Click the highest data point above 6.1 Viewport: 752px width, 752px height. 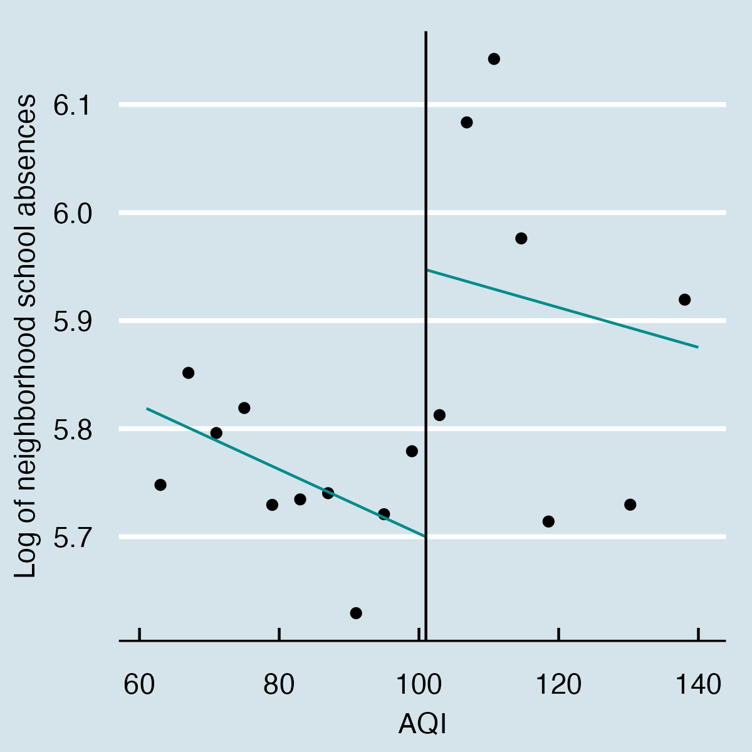point(494,59)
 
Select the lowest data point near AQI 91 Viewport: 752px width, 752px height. point(356,613)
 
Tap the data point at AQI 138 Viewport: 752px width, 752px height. point(684,300)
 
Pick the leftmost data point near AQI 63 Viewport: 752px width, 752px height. point(160,484)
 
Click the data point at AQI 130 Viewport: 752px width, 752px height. point(630,504)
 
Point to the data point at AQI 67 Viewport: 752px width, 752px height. point(188,373)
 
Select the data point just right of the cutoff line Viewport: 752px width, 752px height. point(439,415)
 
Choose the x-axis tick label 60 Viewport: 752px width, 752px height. point(139,685)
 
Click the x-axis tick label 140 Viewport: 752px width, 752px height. point(697,685)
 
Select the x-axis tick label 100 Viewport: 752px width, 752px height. point(419,685)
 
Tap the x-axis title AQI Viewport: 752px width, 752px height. point(423,725)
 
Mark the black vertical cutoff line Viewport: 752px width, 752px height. point(426,188)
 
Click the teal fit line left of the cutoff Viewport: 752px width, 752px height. point(282,470)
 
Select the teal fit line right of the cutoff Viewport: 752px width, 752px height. point(564,307)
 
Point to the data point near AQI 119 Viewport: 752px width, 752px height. point(548,521)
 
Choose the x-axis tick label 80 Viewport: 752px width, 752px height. point(279,685)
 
